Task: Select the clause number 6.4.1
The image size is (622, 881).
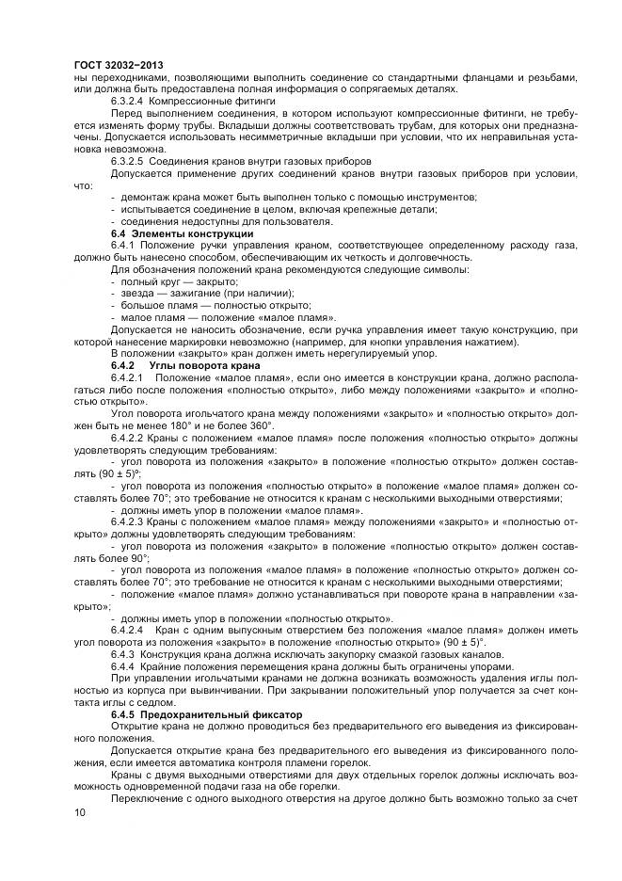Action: point(124,245)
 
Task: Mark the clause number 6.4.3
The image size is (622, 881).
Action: point(124,652)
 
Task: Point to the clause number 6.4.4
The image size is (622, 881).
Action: point(124,665)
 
